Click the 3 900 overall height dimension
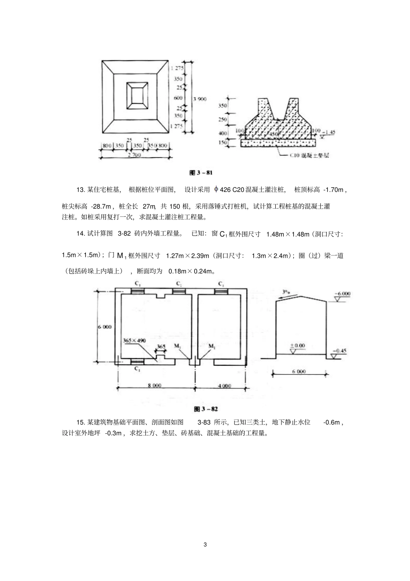tap(200, 99)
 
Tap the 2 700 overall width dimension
tap(135, 155)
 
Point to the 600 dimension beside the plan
tap(178, 98)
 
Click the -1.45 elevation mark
tap(330, 131)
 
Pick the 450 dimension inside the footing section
tap(274, 133)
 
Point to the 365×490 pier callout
tap(134, 340)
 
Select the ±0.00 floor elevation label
tap(297, 346)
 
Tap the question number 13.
tap(81, 189)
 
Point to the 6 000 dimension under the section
tap(299, 371)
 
